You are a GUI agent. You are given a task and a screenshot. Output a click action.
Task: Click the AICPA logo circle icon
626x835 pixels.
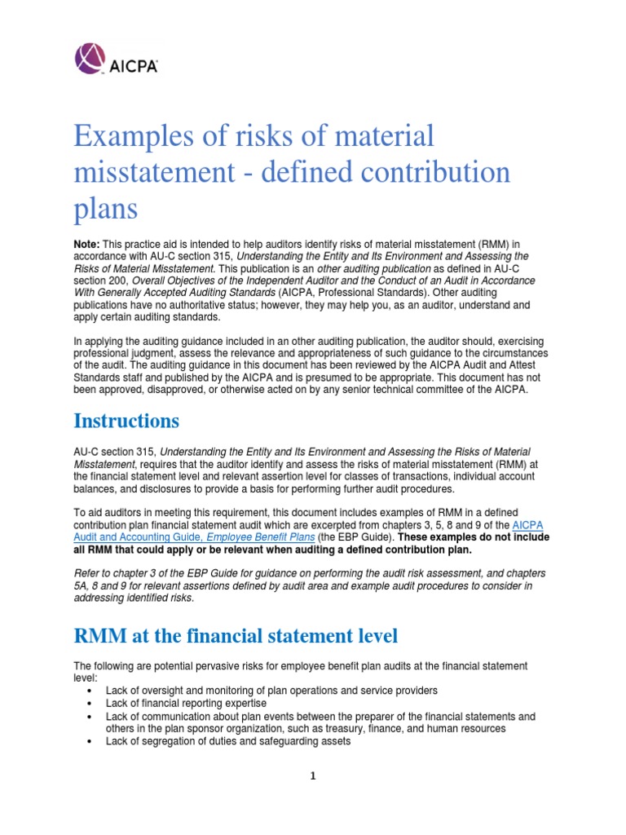point(90,59)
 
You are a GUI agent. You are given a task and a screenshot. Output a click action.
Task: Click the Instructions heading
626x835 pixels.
point(126,421)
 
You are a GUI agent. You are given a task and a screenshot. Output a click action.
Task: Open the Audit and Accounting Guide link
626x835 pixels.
point(130,538)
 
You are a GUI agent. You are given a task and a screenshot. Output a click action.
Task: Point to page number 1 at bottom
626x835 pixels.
point(313,776)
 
